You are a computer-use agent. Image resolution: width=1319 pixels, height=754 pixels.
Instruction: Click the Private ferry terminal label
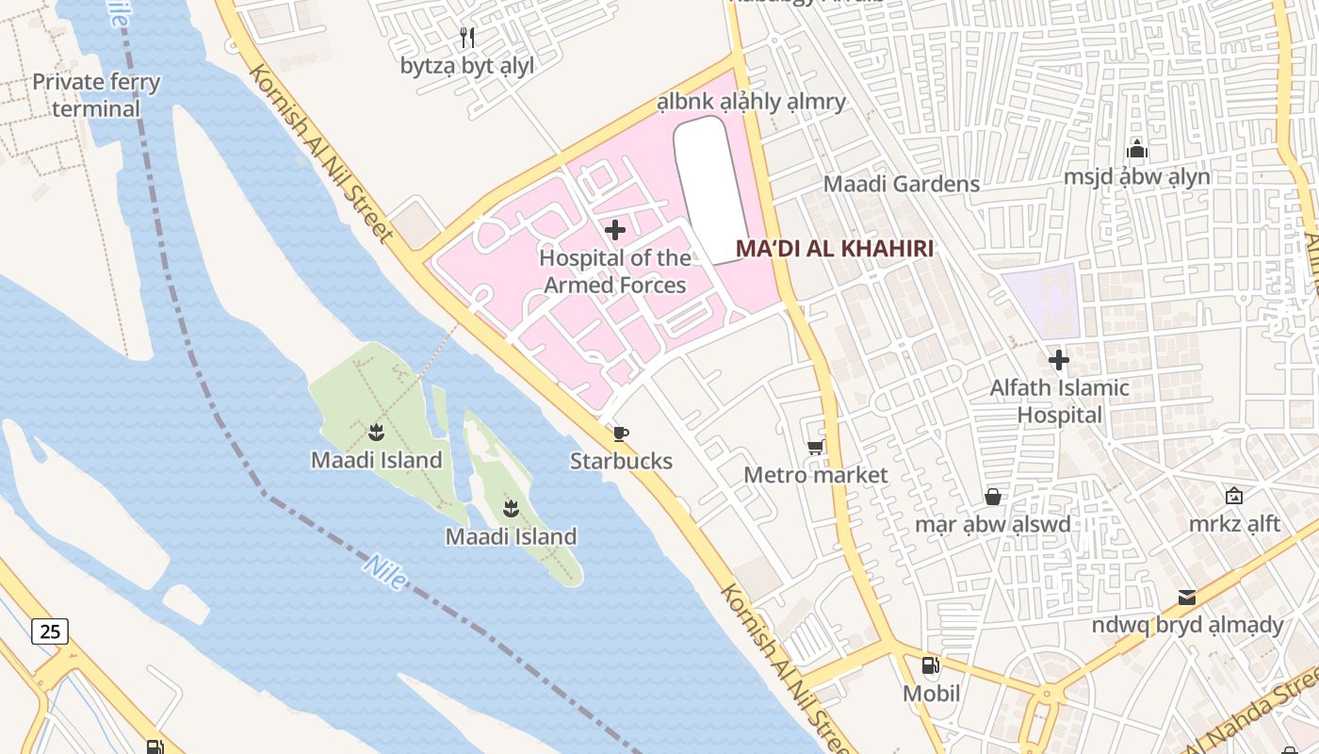pos(96,95)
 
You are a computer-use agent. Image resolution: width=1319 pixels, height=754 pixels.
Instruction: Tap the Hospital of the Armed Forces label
pos(614,271)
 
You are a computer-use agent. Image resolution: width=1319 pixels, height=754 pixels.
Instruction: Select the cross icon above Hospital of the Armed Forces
pos(615,230)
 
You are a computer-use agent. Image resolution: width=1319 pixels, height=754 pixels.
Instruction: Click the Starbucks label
pos(621,461)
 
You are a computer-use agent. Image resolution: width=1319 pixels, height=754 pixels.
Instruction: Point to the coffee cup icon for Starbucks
pos(620,434)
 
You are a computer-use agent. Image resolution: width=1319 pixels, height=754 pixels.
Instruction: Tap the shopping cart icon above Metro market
pos(816,447)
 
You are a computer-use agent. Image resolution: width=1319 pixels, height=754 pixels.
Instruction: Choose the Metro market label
pos(816,475)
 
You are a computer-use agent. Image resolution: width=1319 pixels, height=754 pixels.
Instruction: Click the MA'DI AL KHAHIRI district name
pos(835,249)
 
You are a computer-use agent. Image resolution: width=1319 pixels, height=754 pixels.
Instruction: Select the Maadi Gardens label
pos(902,184)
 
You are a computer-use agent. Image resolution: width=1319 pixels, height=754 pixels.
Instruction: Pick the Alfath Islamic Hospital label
pos(1059,402)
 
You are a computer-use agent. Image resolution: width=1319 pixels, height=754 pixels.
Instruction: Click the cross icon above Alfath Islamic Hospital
pos(1059,360)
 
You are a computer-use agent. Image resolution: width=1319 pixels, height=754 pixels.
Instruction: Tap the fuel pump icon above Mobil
pos(931,665)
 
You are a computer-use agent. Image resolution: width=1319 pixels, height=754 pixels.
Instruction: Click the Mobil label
pos(931,695)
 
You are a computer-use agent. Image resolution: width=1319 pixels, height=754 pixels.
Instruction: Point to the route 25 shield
pos(49,631)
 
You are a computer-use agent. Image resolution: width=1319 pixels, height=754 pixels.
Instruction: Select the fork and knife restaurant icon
pos(467,38)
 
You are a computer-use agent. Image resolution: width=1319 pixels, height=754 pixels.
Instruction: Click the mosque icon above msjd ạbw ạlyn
pos(1137,149)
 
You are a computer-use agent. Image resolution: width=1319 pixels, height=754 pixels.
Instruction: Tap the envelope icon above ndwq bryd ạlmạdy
pos(1187,598)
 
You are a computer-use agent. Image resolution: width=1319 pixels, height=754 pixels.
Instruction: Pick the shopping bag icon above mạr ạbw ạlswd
pos(993,497)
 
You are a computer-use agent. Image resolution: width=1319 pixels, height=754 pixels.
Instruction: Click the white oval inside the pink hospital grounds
pos(713,188)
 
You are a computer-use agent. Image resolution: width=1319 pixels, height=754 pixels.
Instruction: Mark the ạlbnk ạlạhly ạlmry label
pos(751,102)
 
